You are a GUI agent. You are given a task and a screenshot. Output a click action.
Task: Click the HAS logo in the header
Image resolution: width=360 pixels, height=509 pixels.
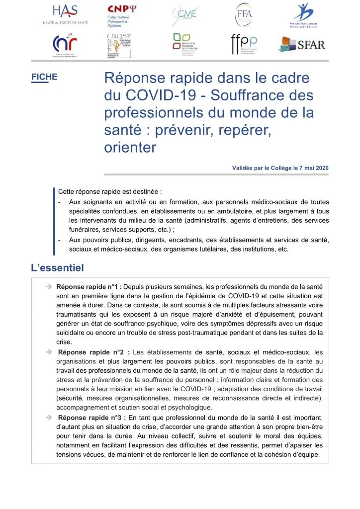coord(69,15)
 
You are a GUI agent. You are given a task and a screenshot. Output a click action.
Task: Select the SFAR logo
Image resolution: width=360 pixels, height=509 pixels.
coord(302,45)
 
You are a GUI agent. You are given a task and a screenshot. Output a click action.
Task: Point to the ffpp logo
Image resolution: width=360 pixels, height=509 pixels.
coord(244,45)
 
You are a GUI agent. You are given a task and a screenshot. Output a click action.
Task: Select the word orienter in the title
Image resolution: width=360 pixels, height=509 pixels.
coord(130,148)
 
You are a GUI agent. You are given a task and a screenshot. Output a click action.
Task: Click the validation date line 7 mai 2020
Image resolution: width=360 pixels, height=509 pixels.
coord(280,168)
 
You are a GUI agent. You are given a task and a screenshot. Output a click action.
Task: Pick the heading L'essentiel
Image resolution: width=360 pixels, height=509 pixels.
coord(57,268)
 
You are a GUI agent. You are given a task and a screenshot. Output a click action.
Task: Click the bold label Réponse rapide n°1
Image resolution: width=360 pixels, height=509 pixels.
coord(89,287)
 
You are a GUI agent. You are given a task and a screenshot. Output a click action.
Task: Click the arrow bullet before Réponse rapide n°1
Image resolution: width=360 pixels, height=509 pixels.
coord(50,287)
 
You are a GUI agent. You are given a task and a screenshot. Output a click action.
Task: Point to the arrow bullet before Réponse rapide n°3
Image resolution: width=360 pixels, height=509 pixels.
coord(50,418)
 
